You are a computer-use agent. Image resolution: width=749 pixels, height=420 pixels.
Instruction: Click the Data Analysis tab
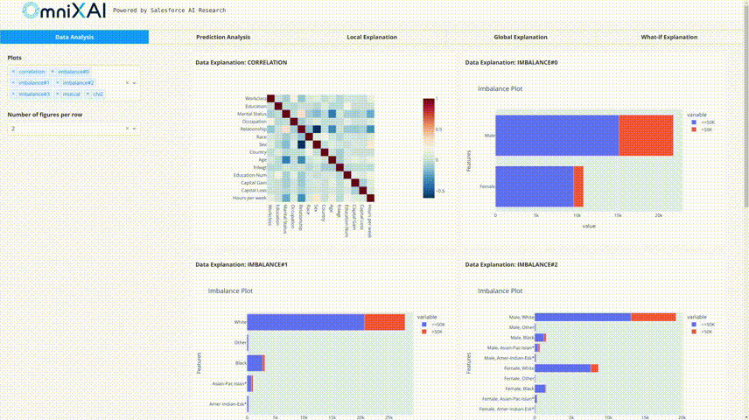[74, 37]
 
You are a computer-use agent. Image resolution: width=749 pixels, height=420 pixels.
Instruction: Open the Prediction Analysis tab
[223, 37]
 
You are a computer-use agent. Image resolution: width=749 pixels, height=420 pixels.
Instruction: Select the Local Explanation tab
[372, 37]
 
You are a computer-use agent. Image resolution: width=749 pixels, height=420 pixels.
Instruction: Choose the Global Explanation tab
[521, 37]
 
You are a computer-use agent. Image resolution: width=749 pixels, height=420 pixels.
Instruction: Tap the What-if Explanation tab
[669, 37]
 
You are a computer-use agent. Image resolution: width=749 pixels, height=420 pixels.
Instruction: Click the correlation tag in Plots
[31, 71]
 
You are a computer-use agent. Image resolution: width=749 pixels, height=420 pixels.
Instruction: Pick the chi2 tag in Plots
[98, 94]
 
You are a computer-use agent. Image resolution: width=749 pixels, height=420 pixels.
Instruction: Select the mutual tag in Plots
[71, 94]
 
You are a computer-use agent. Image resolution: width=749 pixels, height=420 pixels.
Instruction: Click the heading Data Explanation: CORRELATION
[241, 63]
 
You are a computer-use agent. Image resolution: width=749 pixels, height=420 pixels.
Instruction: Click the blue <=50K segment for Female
[534, 186]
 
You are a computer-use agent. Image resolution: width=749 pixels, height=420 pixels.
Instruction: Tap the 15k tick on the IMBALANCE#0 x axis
[619, 214]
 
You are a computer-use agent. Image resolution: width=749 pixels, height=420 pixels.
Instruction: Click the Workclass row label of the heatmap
[255, 98]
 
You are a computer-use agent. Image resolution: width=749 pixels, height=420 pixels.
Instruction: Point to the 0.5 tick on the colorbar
[439, 129]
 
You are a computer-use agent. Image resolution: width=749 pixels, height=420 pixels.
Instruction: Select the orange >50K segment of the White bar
[384, 322]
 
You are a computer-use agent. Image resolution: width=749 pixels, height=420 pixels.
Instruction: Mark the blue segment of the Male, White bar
[582, 317]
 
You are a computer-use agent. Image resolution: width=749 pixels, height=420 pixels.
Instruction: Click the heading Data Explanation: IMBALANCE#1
[241, 264]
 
